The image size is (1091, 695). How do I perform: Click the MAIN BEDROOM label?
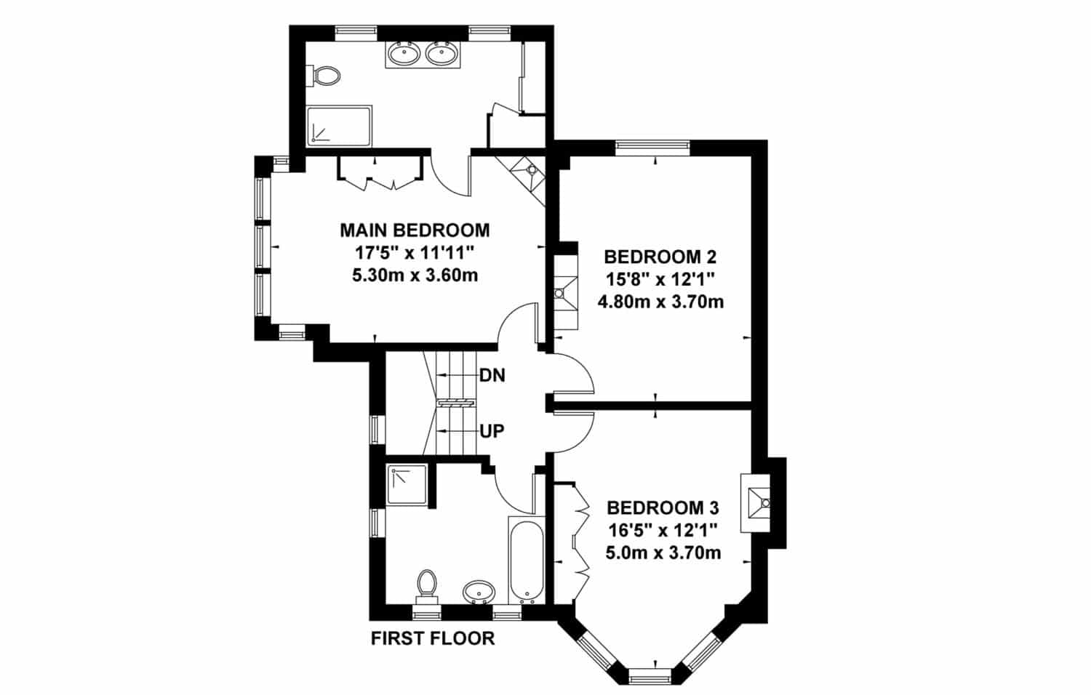pyautogui.click(x=415, y=230)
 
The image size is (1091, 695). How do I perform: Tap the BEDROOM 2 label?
pyautogui.click(x=660, y=257)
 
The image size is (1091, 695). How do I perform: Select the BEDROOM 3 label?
pyautogui.click(x=663, y=507)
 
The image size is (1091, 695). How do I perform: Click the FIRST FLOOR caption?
pyautogui.click(x=433, y=638)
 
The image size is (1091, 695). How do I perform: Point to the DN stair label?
pyautogui.click(x=492, y=376)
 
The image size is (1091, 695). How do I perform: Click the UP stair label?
pyautogui.click(x=492, y=431)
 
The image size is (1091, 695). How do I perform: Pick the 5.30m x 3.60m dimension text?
pyautogui.click(x=415, y=276)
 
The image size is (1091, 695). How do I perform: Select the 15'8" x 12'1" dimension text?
pyautogui.click(x=660, y=278)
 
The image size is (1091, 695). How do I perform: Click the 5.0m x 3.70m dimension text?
pyautogui.click(x=663, y=553)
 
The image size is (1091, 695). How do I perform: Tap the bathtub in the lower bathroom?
pyautogui.click(x=525, y=560)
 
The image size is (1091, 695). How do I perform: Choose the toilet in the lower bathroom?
pyautogui.click(x=427, y=582)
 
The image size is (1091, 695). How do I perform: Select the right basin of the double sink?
pyautogui.click(x=441, y=53)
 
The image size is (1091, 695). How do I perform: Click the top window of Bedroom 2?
pyautogui.click(x=652, y=147)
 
